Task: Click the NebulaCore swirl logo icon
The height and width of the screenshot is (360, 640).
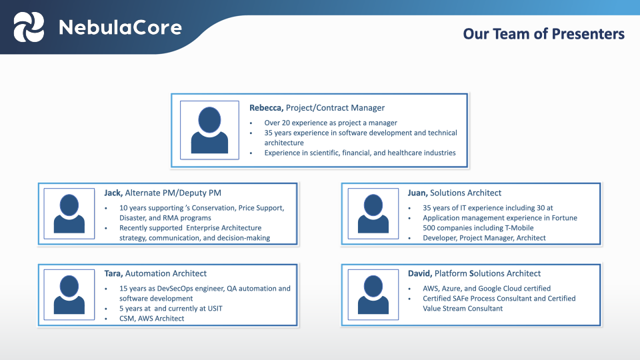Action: pos(29,27)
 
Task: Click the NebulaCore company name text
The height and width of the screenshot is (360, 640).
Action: pos(120,27)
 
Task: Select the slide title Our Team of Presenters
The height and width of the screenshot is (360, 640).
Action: pos(543,33)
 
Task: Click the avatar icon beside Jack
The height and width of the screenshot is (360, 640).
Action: pos(69,213)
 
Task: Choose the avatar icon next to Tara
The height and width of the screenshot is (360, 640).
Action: pos(69,295)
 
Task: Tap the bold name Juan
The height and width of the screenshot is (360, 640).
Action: pos(417,193)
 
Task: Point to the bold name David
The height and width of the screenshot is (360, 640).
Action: pos(420,273)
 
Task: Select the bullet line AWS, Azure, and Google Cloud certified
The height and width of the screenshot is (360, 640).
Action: pos(486,289)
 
